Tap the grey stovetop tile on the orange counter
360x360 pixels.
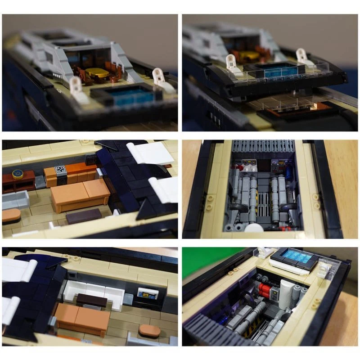tap(60, 171)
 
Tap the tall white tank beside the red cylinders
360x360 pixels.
tap(286, 293)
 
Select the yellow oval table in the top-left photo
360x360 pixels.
tap(98, 72)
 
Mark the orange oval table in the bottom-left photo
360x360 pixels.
tap(149, 331)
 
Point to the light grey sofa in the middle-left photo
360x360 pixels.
tap(14, 199)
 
